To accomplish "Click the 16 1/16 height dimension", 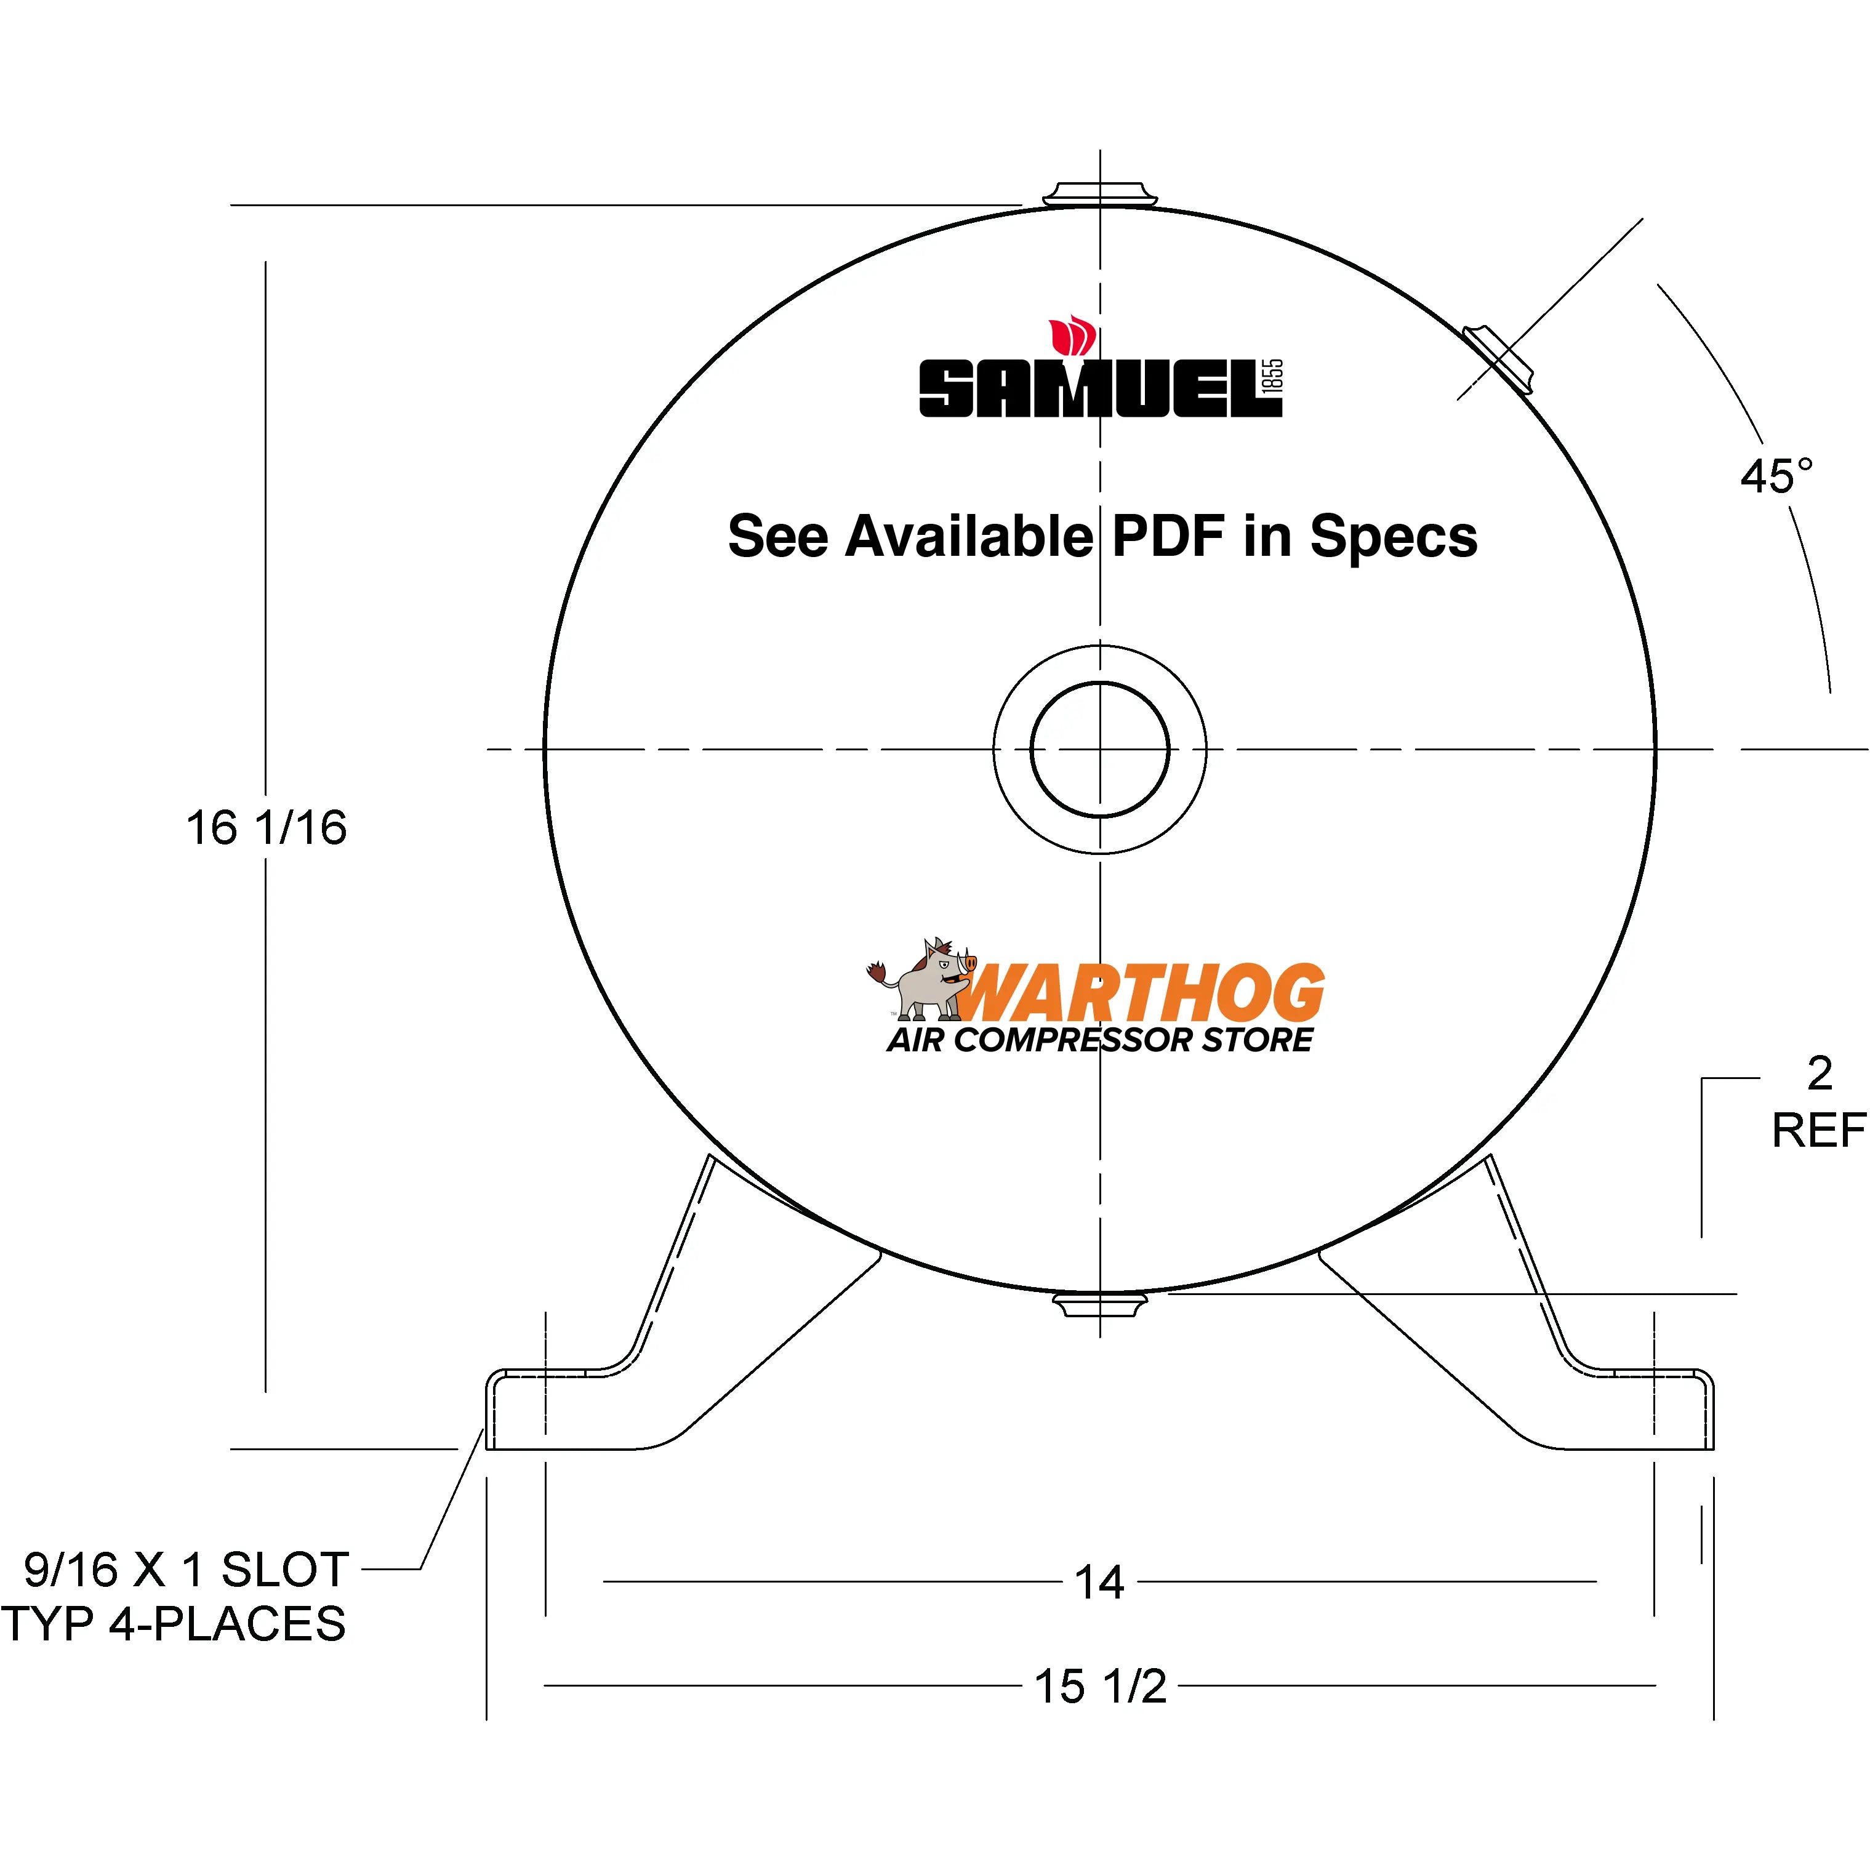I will [266, 827].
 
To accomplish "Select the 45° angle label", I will [1776, 476].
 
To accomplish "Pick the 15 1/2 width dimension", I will [1101, 1686].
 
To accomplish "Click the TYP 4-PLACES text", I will [174, 1623].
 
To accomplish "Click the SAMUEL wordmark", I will [1089, 389].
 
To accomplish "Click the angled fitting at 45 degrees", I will [1498, 359].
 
